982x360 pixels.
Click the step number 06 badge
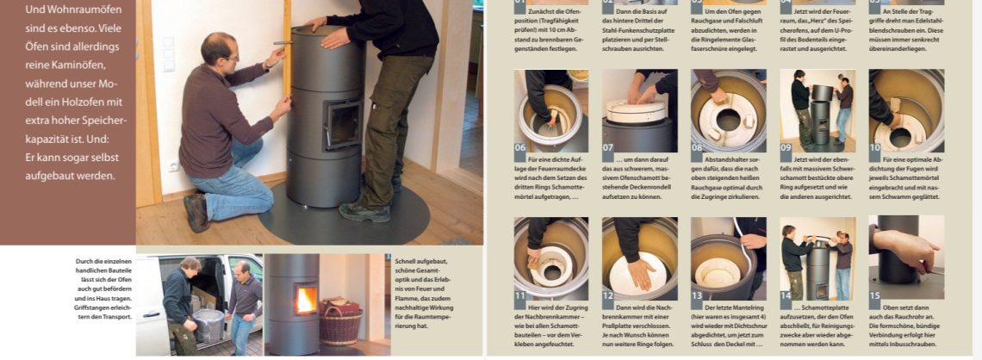pyautogui.click(x=521, y=146)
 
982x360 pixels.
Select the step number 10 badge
pyautogui.click(x=876, y=146)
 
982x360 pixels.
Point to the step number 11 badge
pyautogui.click(x=521, y=295)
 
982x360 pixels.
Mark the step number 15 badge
pyautogui.click(x=876, y=295)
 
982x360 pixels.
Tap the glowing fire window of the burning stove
pyautogui.click(x=305, y=300)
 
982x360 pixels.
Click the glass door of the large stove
pyautogui.click(x=342, y=124)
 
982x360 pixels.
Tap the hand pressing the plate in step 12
pyautogui.click(x=638, y=272)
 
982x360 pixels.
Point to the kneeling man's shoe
pyautogui.click(x=196, y=213)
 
